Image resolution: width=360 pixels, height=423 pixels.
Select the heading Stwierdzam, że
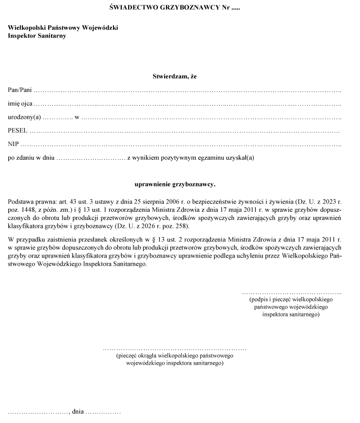pyautogui.click(x=174, y=76)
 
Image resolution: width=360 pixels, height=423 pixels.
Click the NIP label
pyautogui.click(x=13, y=144)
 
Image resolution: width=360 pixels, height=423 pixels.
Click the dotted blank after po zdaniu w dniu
pyautogui.click(x=91, y=158)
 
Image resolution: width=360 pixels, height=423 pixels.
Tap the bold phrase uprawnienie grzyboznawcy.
pyautogui.click(x=174, y=184)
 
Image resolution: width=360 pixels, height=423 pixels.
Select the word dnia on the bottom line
pyautogui.click(x=78, y=412)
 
